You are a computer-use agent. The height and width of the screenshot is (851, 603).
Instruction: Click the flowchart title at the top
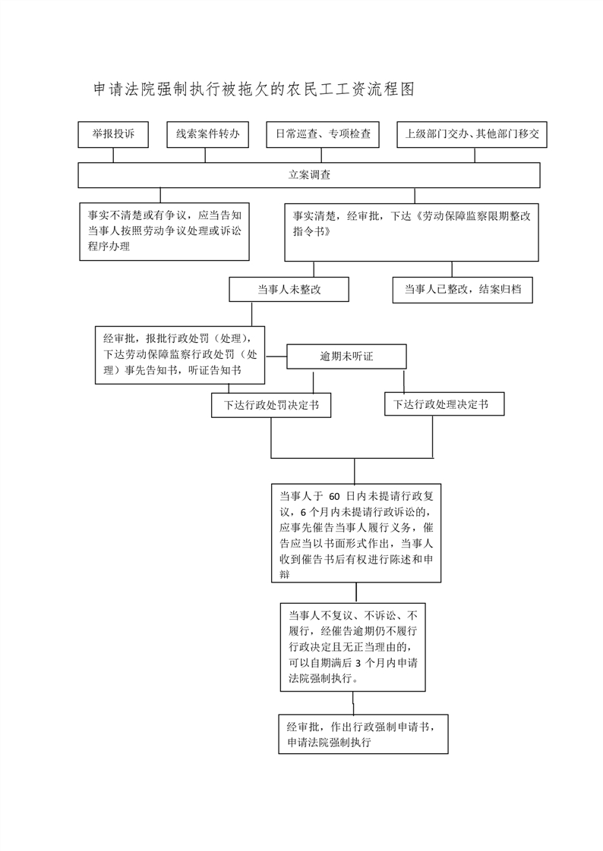pyautogui.click(x=254, y=89)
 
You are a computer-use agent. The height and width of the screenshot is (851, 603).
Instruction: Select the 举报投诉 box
pyautogui.click(x=113, y=134)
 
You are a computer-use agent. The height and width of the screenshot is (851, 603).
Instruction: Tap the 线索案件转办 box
pyautogui.click(x=208, y=134)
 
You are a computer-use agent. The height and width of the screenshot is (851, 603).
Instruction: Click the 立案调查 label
pyautogui.click(x=309, y=174)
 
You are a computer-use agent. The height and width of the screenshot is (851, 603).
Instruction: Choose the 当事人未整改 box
pyautogui.click(x=289, y=289)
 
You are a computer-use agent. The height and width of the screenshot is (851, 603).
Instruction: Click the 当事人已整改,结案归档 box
pyautogui.click(x=463, y=289)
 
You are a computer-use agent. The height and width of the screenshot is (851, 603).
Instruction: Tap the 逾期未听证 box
pyautogui.click(x=346, y=356)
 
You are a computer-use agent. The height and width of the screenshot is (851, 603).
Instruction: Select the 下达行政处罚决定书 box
pyautogui.click(x=271, y=405)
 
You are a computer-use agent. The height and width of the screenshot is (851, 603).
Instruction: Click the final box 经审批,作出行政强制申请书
pyautogui.click(x=363, y=733)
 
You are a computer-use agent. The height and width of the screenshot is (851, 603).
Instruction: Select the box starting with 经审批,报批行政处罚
pyautogui.click(x=179, y=354)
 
